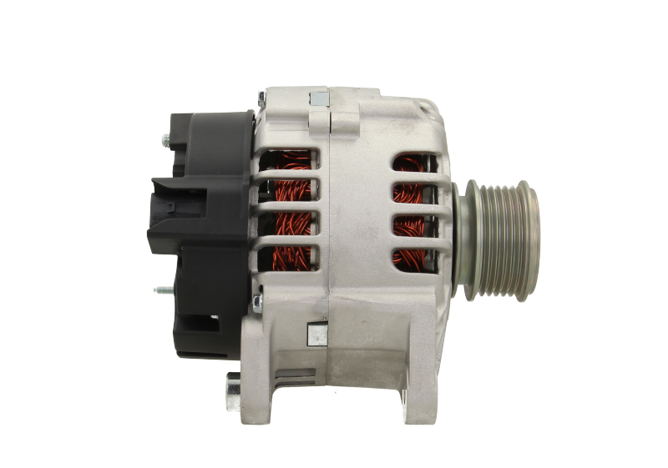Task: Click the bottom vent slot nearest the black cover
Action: (x=289, y=254)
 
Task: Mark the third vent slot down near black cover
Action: (x=289, y=224)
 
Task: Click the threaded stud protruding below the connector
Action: (x=162, y=289)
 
